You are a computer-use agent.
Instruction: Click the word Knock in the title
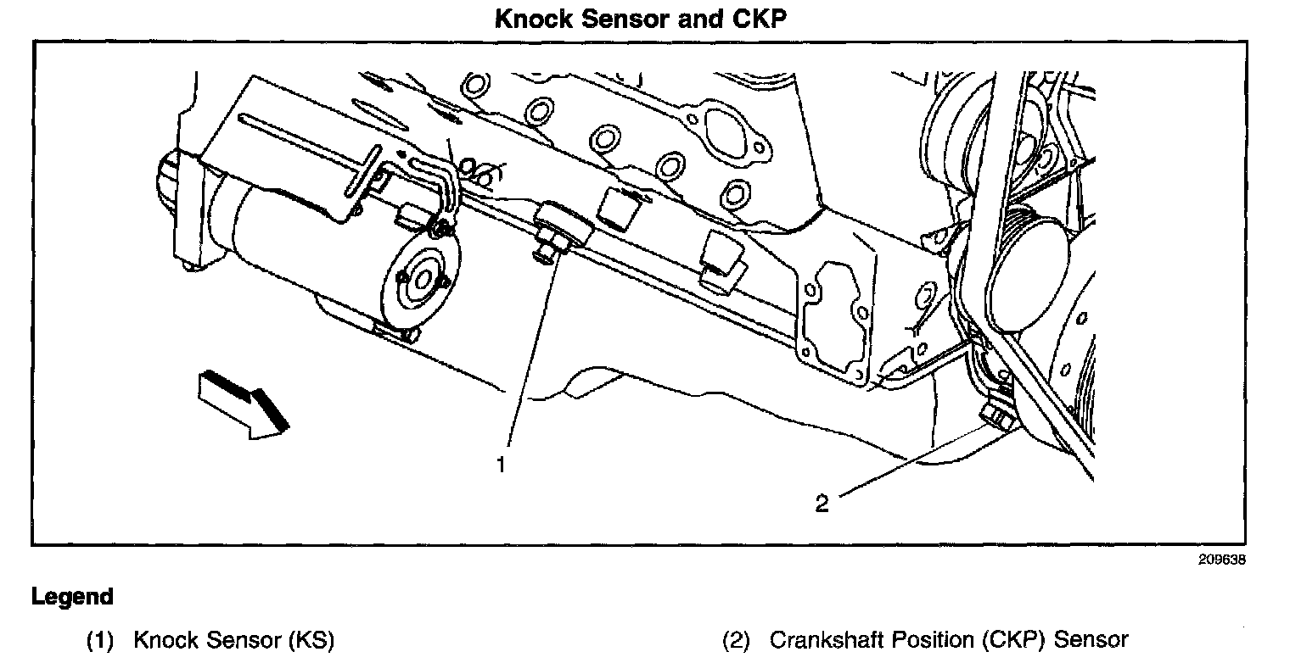(x=531, y=19)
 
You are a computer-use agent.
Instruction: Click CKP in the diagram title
(x=760, y=19)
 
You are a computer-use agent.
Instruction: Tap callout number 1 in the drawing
(x=502, y=465)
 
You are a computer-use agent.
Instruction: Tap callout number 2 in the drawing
(x=821, y=504)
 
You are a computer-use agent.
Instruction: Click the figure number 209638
(x=1222, y=560)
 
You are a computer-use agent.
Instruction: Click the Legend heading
(x=72, y=597)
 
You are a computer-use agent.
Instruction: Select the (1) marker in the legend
(x=100, y=640)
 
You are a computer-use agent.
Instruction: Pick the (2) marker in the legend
(x=737, y=640)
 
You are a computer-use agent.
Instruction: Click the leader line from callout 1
(x=530, y=356)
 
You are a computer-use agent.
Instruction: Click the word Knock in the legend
(x=165, y=640)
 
